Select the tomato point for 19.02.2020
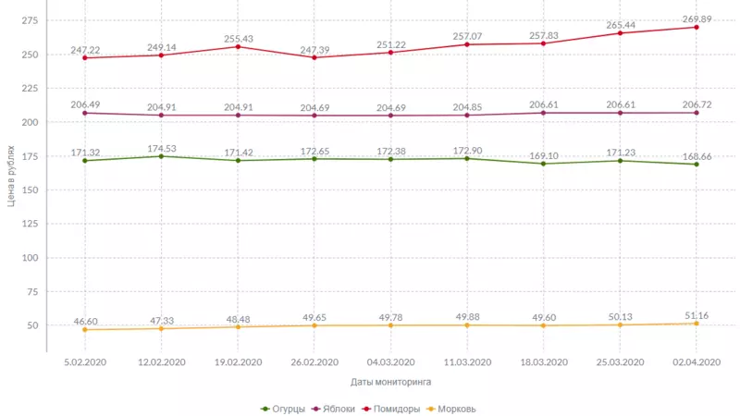(238, 47)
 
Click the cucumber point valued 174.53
(161, 156)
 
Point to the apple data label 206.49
(84, 104)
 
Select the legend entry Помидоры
(394, 409)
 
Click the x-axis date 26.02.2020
(314, 362)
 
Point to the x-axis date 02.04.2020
(696, 362)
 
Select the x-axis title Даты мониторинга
(390, 381)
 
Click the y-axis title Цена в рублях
(10, 176)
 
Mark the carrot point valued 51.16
(696, 323)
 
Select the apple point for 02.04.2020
(696, 113)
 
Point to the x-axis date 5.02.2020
(84, 362)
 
